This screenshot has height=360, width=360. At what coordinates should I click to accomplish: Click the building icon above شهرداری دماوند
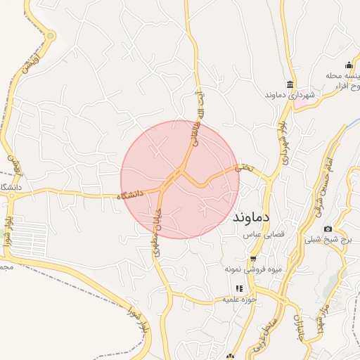tap(290, 84)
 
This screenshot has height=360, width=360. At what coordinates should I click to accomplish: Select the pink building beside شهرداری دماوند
tap(300, 103)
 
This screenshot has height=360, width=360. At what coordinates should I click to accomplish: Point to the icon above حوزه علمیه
tap(239, 288)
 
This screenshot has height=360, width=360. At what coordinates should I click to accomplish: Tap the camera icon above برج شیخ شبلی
tap(328, 229)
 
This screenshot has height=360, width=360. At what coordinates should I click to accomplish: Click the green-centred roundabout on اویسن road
tap(51, 36)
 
